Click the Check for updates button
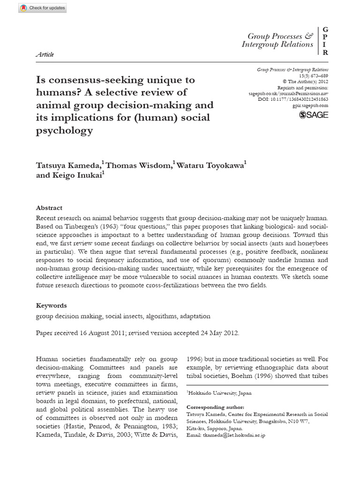(43, 8)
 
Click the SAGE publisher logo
(314, 114)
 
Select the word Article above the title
(45, 54)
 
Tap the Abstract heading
(49, 208)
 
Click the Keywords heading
(52, 305)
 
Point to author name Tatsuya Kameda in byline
(68, 165)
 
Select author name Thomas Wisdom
(139, 165)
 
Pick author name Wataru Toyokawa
(210, 165)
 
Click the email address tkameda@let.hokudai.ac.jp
(232, 435)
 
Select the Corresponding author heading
(215, 407)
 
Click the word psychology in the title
(64, 130)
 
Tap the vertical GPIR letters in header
(325, 41)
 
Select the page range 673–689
(317, 75)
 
